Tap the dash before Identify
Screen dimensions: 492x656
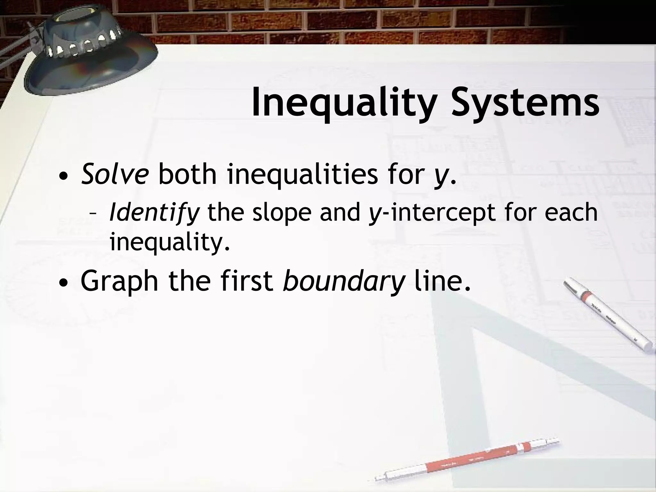point(93,214)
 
